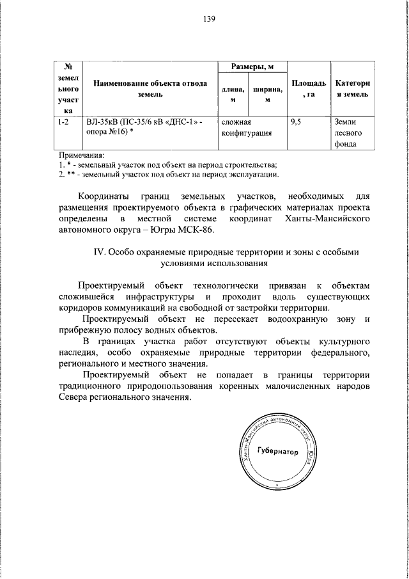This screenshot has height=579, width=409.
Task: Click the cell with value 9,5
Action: pyautogui.click(x=295, y=122)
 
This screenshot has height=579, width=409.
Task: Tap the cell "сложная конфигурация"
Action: pyautogui.click(x=247, y=127)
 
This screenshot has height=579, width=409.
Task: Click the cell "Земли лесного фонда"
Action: pyautogui.click(x=349, y=132)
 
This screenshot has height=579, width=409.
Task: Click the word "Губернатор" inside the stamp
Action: pyautogui.click(x=277, y=452)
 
